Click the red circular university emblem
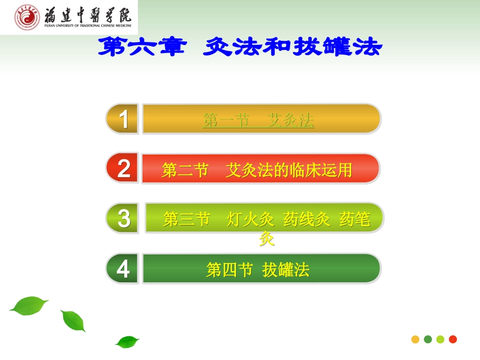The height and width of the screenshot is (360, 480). [27, 17]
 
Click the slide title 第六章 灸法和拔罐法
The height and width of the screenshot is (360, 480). [239, 47]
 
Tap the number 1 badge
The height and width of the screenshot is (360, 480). [123, 119]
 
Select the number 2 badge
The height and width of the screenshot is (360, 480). [123, 168]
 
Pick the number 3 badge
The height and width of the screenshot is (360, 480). [123, 219]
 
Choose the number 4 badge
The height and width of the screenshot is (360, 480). [123, 269]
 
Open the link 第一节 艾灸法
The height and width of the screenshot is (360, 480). [258, 120]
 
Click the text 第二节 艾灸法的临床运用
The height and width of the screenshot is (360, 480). [257, 170]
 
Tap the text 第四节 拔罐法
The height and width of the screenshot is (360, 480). [258, 271]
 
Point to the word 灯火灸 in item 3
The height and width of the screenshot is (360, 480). [251, 220]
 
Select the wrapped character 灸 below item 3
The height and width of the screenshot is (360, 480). [267, 238]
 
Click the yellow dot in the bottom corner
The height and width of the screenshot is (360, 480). [415, 339]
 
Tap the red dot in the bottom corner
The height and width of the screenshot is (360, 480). [453, 339]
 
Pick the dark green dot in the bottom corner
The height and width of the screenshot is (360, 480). [428, 339]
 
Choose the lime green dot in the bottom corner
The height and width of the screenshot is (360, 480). [440, 339]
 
